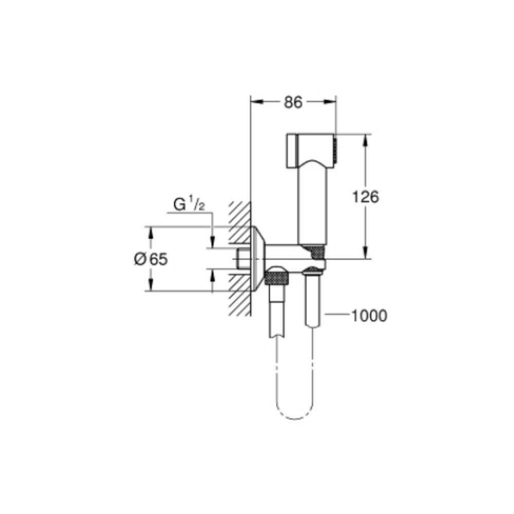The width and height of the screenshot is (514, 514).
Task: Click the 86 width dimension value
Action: pyautogui.click(x=293, y=102)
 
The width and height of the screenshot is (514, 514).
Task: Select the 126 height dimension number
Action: pyautogui.click(x=365, y=197)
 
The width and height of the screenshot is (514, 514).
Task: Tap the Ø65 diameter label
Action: pyautogui.click(x=151, y=259)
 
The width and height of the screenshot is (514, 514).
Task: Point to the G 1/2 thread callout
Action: pyautogui.click(x=189, y=205)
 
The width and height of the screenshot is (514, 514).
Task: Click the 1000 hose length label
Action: pyautogui.click(x=369, y=316)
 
